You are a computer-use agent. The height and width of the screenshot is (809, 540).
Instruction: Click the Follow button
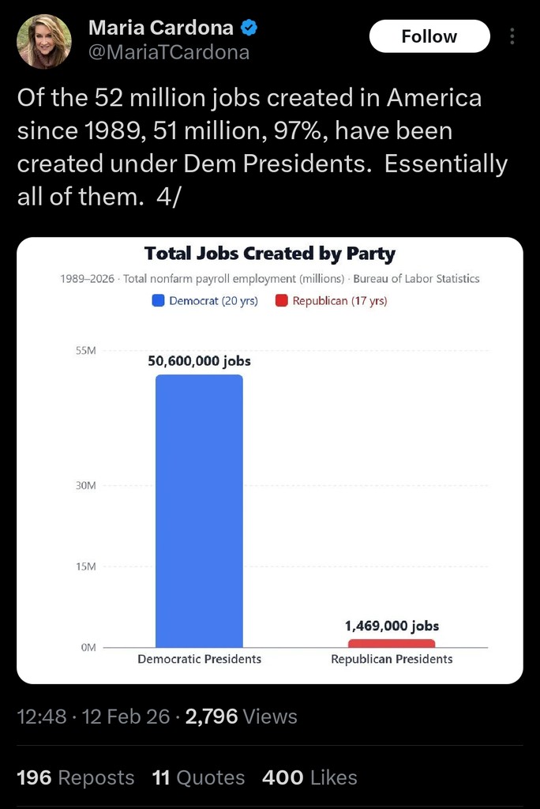pos(429,36)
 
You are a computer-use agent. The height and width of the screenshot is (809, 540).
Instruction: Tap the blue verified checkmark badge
pos(249,28)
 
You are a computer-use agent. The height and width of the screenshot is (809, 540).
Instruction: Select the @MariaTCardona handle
pos(169,53)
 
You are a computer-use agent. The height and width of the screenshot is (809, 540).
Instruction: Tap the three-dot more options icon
pos(512,36)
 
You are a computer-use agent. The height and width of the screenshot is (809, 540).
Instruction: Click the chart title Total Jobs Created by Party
pos(270,254)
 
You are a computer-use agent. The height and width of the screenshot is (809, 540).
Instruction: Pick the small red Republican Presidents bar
pos(392,643)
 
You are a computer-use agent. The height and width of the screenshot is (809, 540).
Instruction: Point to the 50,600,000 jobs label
pos(199,361)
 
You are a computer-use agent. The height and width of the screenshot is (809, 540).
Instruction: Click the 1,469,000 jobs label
pos(392,626)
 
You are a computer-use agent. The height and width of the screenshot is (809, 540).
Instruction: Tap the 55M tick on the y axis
pos(85,351)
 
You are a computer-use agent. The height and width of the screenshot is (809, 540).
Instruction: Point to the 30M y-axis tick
pos(85,486)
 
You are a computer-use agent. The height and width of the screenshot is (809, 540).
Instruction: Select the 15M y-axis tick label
pos(85,566)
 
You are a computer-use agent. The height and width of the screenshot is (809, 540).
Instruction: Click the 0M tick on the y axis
pos(87,648)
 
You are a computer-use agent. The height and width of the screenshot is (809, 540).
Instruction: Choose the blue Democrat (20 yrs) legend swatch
pos(158,301)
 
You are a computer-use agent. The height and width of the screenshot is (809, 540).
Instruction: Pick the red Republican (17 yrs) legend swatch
pos(281,301)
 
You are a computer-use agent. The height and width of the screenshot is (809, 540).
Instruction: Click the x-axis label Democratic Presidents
pos(199,659)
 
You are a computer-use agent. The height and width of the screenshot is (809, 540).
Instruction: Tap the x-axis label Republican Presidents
pos(392,659)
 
